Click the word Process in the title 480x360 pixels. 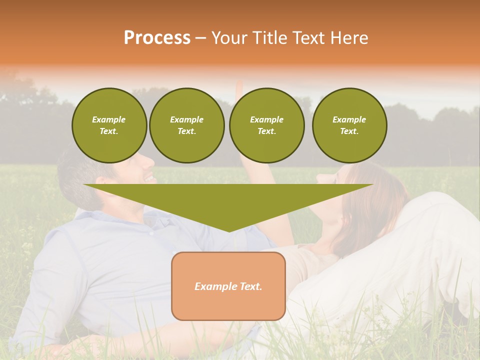coord(157,37)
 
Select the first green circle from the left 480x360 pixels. coord(109,125)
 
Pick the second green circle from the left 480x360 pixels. coord(186,125)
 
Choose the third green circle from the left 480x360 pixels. coord(266,125)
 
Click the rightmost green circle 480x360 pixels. coord(349,125)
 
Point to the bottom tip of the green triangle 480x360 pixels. coord(229,231)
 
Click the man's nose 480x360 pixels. coord(150,161)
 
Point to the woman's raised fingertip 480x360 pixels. coord(239,82)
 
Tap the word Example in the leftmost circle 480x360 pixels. coord(109,119)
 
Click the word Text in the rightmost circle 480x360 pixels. coord(349,131)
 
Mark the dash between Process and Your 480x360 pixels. coord(200,38)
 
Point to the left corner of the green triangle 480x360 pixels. coord(85,185)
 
